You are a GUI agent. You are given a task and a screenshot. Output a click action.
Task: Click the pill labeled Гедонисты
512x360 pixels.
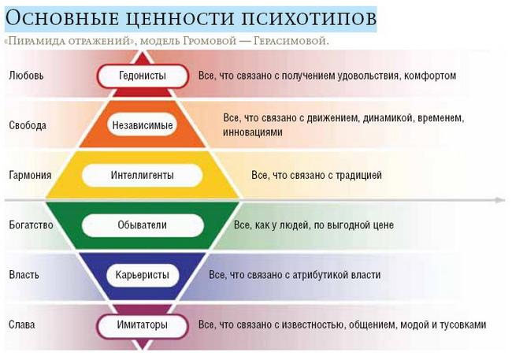coord(143,76)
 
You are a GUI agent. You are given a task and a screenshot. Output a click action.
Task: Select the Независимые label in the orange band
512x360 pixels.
coord(143,125)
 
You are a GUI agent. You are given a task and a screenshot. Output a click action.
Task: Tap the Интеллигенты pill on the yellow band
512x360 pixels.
coord(143,176)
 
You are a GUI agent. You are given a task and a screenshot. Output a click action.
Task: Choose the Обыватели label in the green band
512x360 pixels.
coord(143,225)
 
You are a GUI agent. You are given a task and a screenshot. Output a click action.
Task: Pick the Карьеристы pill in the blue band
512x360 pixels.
coord(143,275)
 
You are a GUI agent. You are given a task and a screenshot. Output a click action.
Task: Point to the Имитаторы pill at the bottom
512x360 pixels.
coord(143,325)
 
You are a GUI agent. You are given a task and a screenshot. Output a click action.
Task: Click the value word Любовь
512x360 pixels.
coord(26,76)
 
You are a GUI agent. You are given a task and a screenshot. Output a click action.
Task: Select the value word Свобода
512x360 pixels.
coord(28,125)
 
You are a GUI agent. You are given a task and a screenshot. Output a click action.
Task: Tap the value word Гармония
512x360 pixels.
coord(31,175)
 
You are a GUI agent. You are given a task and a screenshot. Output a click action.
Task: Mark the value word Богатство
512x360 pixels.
coord(31,225)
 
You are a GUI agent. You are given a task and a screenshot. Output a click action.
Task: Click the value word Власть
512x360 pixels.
coord(24,275)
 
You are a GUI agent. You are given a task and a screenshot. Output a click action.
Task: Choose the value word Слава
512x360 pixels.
coord(22,325)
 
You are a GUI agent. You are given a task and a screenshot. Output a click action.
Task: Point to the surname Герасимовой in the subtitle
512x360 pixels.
coord(291,42)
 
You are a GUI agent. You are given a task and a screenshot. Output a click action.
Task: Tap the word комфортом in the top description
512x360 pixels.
coord(430,76)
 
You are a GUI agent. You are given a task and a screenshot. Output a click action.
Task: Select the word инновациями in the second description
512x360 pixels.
coord(253,132)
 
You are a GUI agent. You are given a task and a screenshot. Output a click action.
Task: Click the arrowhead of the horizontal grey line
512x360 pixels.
coord(500,200)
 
